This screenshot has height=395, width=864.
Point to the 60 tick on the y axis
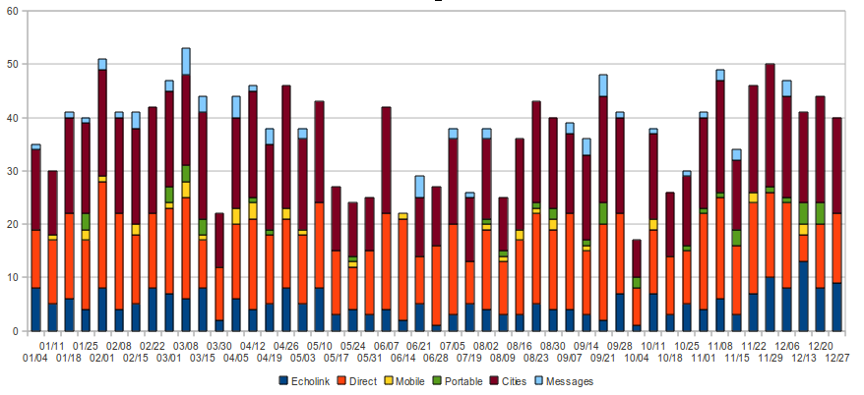pos(17,11)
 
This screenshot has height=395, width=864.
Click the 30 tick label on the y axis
pos(17,171)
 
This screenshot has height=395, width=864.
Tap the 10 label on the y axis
pos(17,278)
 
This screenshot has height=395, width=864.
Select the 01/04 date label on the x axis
pos(35,358)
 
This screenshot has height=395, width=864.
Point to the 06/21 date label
pos(419,346)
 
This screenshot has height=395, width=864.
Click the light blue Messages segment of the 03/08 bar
pos(186,61)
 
